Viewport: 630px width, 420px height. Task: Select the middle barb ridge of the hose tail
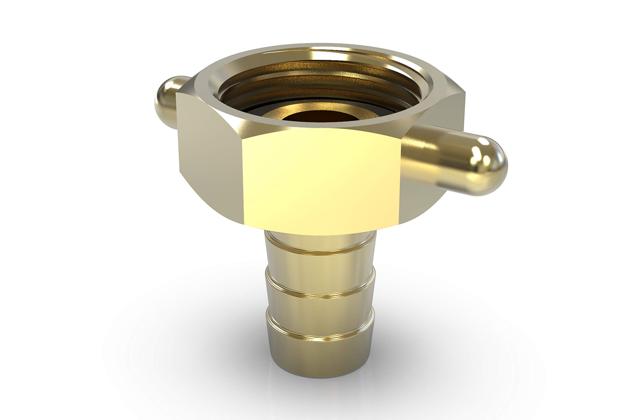[320, 293]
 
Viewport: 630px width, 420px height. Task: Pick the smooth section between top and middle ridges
[320, 273]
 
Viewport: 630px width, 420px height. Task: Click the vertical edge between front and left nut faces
[242, 182]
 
